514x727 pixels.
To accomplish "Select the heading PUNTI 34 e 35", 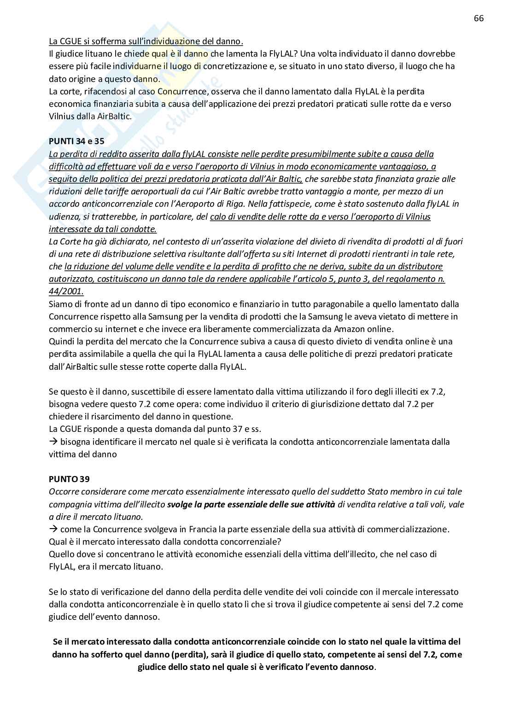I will pyautogui.click(x=76, y=141).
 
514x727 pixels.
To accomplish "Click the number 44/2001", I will pyautogui.click(x=66, y=291).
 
